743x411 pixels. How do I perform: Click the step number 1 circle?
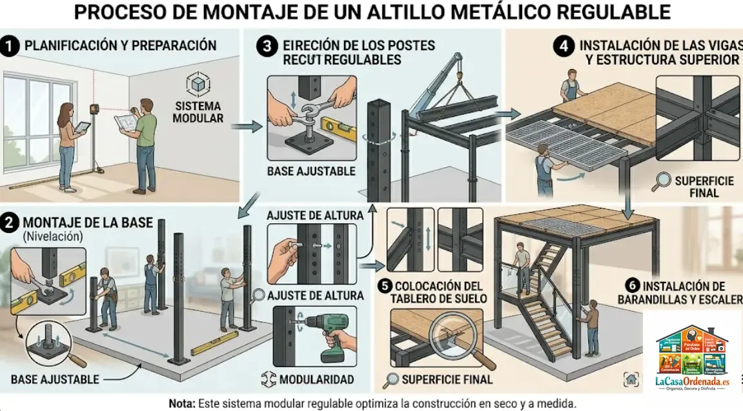click(x=10, y=46)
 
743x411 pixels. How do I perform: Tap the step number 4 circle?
click(x=563, y=46)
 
